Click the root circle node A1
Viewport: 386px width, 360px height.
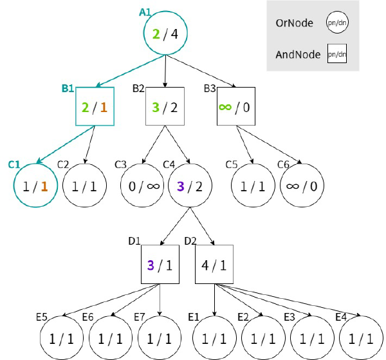coord(166,33)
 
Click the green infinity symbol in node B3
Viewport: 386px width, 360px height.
coord(225,107)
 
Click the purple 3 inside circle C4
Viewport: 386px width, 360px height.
coord(181,187)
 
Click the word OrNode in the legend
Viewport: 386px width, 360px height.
coord(295,23)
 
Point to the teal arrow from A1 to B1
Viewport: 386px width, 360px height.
coord(130,71)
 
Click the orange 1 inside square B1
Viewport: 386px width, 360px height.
coord(104,108)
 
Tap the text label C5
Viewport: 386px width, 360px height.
coord(232,165)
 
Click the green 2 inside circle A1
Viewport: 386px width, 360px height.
coord(156,34)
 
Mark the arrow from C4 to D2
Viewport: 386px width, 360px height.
coord(203,226)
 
